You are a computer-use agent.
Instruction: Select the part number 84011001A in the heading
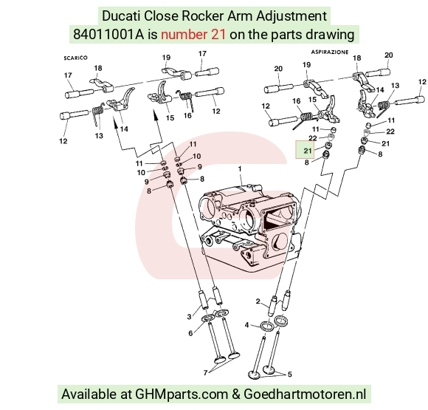point(108,35)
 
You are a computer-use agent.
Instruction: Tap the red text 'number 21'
point(193,35)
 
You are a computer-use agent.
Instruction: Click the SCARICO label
point(75,58)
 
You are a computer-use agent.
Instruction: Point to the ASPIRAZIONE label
point(330,52)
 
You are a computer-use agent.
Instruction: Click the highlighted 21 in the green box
point(308,151)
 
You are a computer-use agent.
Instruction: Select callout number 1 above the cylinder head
point(240,169)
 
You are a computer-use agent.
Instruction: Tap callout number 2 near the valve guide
point(258,301)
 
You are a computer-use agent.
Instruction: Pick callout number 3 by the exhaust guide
point(189,316)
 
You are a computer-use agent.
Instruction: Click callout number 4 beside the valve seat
point(246,325)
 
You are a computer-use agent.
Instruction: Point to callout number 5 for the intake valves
point(289,375)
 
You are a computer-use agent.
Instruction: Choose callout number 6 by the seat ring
point(190,333)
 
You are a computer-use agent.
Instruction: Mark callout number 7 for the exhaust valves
point(206,372)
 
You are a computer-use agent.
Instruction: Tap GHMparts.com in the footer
point(182,394)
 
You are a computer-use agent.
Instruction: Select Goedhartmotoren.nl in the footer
point(305,394)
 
